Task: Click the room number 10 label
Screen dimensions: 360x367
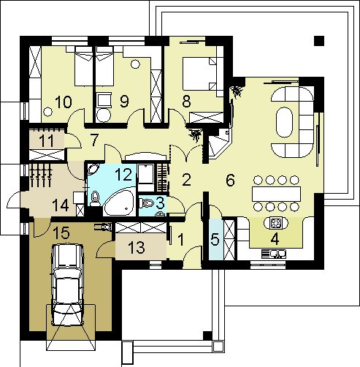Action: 64,102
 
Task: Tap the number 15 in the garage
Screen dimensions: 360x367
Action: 61,232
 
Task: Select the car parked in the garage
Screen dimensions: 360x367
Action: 68,284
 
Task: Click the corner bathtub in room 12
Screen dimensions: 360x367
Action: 120,202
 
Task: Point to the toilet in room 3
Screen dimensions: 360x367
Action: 147,203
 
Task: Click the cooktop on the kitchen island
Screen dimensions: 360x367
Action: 276,223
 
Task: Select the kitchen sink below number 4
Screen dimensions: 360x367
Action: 274,254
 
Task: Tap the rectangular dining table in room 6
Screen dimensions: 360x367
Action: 276,194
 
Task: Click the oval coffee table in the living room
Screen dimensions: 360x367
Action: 284,122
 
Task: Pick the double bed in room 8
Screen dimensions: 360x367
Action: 199,74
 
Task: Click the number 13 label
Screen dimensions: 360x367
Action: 137,247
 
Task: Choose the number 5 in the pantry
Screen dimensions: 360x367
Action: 215,240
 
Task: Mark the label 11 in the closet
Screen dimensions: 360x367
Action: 46,141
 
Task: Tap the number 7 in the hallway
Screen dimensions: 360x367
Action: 94,140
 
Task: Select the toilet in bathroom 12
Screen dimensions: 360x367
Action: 95,199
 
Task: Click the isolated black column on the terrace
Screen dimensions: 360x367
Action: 319,41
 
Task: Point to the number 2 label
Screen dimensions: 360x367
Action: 186,180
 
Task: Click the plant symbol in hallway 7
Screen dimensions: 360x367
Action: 196,135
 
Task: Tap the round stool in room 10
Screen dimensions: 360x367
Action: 47,112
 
